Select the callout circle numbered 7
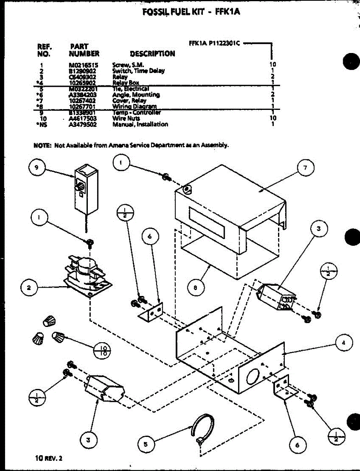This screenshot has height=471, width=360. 305,168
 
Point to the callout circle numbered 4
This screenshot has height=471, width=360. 344,342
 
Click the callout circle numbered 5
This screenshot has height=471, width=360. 146,444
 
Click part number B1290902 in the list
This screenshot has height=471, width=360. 83,71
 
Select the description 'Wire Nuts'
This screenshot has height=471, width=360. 126,118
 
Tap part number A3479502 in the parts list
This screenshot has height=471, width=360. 83,124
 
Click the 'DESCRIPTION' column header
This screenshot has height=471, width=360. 152,54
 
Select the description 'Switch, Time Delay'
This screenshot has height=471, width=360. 138,71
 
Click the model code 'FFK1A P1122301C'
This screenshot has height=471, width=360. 214,44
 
